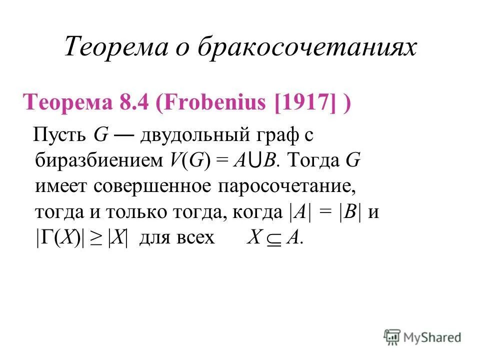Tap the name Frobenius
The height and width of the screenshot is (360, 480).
coord(213,104)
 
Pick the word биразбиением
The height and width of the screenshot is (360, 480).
coord(97,161)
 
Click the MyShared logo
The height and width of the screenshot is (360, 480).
coord(422,337)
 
